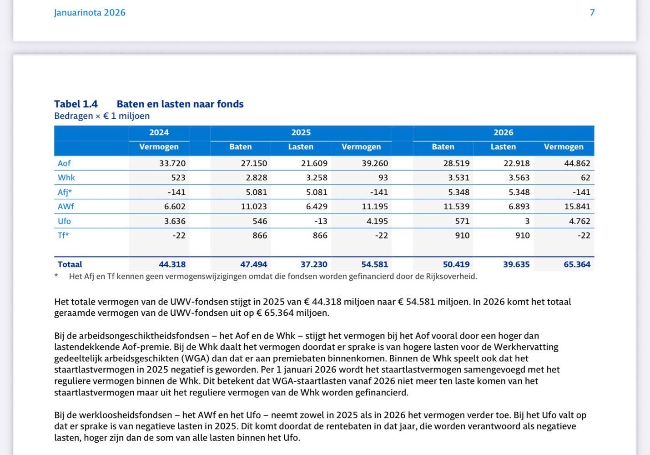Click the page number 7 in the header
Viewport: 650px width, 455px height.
[x=592, y=13]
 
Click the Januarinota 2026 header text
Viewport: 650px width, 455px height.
[x=90, y=13]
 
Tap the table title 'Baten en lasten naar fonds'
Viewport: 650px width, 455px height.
[x=180, y=104]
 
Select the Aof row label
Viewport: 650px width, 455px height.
[x=64, y=163]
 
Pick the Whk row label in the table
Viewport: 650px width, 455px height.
[x=66, y=178]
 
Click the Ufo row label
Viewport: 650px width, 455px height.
[x=64, y=221]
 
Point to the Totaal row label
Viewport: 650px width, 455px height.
[x=70, y=264]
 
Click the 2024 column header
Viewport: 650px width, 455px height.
[x=159, y=132]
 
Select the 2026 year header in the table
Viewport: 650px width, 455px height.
[x=503, y=132]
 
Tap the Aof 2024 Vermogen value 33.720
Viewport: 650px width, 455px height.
[x=172, y=163]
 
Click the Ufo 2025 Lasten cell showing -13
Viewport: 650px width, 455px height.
[x=320, y=221]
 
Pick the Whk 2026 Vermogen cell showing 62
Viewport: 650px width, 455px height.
[x=585, y=178]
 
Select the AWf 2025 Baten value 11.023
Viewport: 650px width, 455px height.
[x=254, y=207]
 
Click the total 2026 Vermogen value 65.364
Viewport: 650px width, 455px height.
[x=577, y=264]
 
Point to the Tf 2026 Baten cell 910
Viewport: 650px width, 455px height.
[x=462, y=236]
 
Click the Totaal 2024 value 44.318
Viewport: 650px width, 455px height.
[x=172, y=264]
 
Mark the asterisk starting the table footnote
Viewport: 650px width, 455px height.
[x=56, y=276]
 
